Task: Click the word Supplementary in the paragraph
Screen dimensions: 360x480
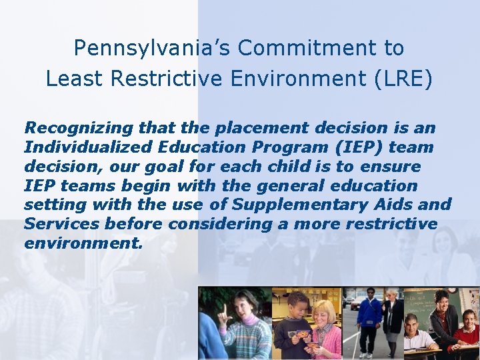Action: click(313, 204)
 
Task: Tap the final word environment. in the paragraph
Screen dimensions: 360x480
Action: click(83, 243)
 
